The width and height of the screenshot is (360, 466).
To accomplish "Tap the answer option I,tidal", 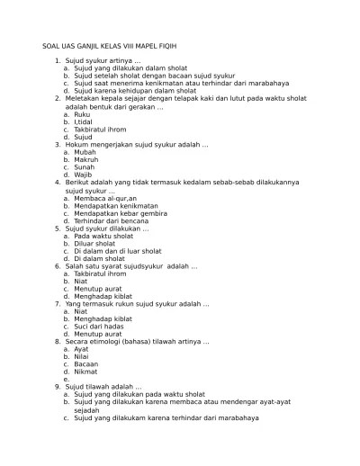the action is coord(85,121).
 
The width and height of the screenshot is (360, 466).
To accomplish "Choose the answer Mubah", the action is coord(85,152).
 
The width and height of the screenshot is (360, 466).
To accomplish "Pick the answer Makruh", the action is coord(86,159).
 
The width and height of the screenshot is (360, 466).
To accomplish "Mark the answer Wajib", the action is coord(84,175).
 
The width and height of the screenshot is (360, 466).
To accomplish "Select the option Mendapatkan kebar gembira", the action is coord(119,213).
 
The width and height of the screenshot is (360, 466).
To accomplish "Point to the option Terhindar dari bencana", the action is coord(112,220).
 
